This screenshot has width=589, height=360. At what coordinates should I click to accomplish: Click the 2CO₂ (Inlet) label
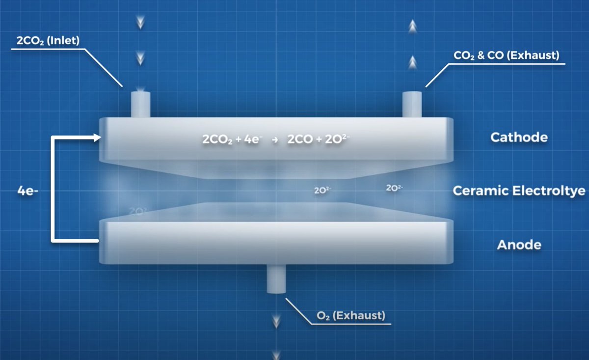tap(48, 40)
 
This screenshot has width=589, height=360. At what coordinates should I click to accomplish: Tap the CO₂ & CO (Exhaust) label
tap(507, 55)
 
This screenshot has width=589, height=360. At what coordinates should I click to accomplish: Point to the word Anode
tap(519, 245)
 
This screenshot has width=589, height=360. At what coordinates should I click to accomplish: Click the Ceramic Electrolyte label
tap(519, 191)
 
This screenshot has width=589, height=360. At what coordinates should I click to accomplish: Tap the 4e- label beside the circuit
tap(25, 191)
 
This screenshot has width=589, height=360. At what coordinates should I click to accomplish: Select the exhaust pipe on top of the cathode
tap(412, 104)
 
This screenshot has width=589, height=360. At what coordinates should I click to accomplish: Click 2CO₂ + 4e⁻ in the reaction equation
tap(233, 139)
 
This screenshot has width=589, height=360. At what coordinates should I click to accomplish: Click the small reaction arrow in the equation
tap(275, 140)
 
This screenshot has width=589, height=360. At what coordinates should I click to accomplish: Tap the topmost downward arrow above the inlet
tap(140, 24)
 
